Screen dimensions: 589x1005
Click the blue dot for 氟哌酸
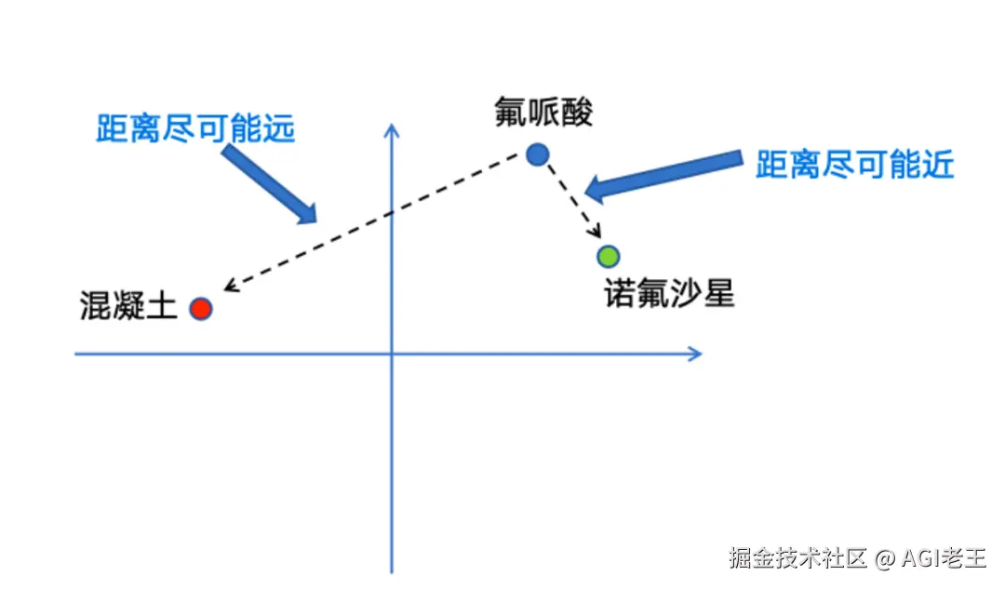click(x=537, y=154)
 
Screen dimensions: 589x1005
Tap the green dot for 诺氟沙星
click(x=609, y=256)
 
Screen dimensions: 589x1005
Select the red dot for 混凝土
click(x=201, y=309)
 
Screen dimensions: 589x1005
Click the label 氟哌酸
click(x=544, y=114)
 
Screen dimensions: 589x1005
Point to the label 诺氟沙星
click(x=669, y=294)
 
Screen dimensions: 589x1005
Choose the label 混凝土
click(x=128, y=307)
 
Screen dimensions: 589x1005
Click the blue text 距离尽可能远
click(x=195, y=128)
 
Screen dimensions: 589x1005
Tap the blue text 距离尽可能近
click(x=854, y=165)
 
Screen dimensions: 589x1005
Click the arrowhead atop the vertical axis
click(x=392, y=130)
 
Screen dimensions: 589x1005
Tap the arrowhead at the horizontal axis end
click(x=694, y=354)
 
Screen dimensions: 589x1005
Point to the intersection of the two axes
click(x=392, y=354)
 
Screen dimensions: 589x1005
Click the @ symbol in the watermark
click(x=884, y=558)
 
